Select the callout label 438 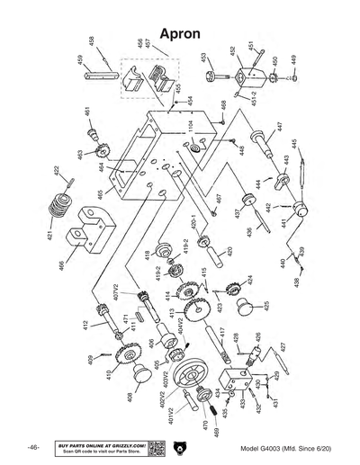[x=297, y=282]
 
